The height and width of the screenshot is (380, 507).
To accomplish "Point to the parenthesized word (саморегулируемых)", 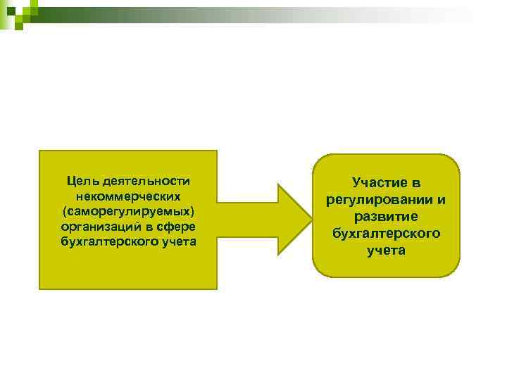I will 127,211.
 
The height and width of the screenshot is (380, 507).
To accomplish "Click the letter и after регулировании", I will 441,200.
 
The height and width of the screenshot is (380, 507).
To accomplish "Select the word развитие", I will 386,217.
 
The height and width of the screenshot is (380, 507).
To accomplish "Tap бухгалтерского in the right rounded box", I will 386,233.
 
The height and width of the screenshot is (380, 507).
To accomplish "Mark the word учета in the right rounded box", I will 386,250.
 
